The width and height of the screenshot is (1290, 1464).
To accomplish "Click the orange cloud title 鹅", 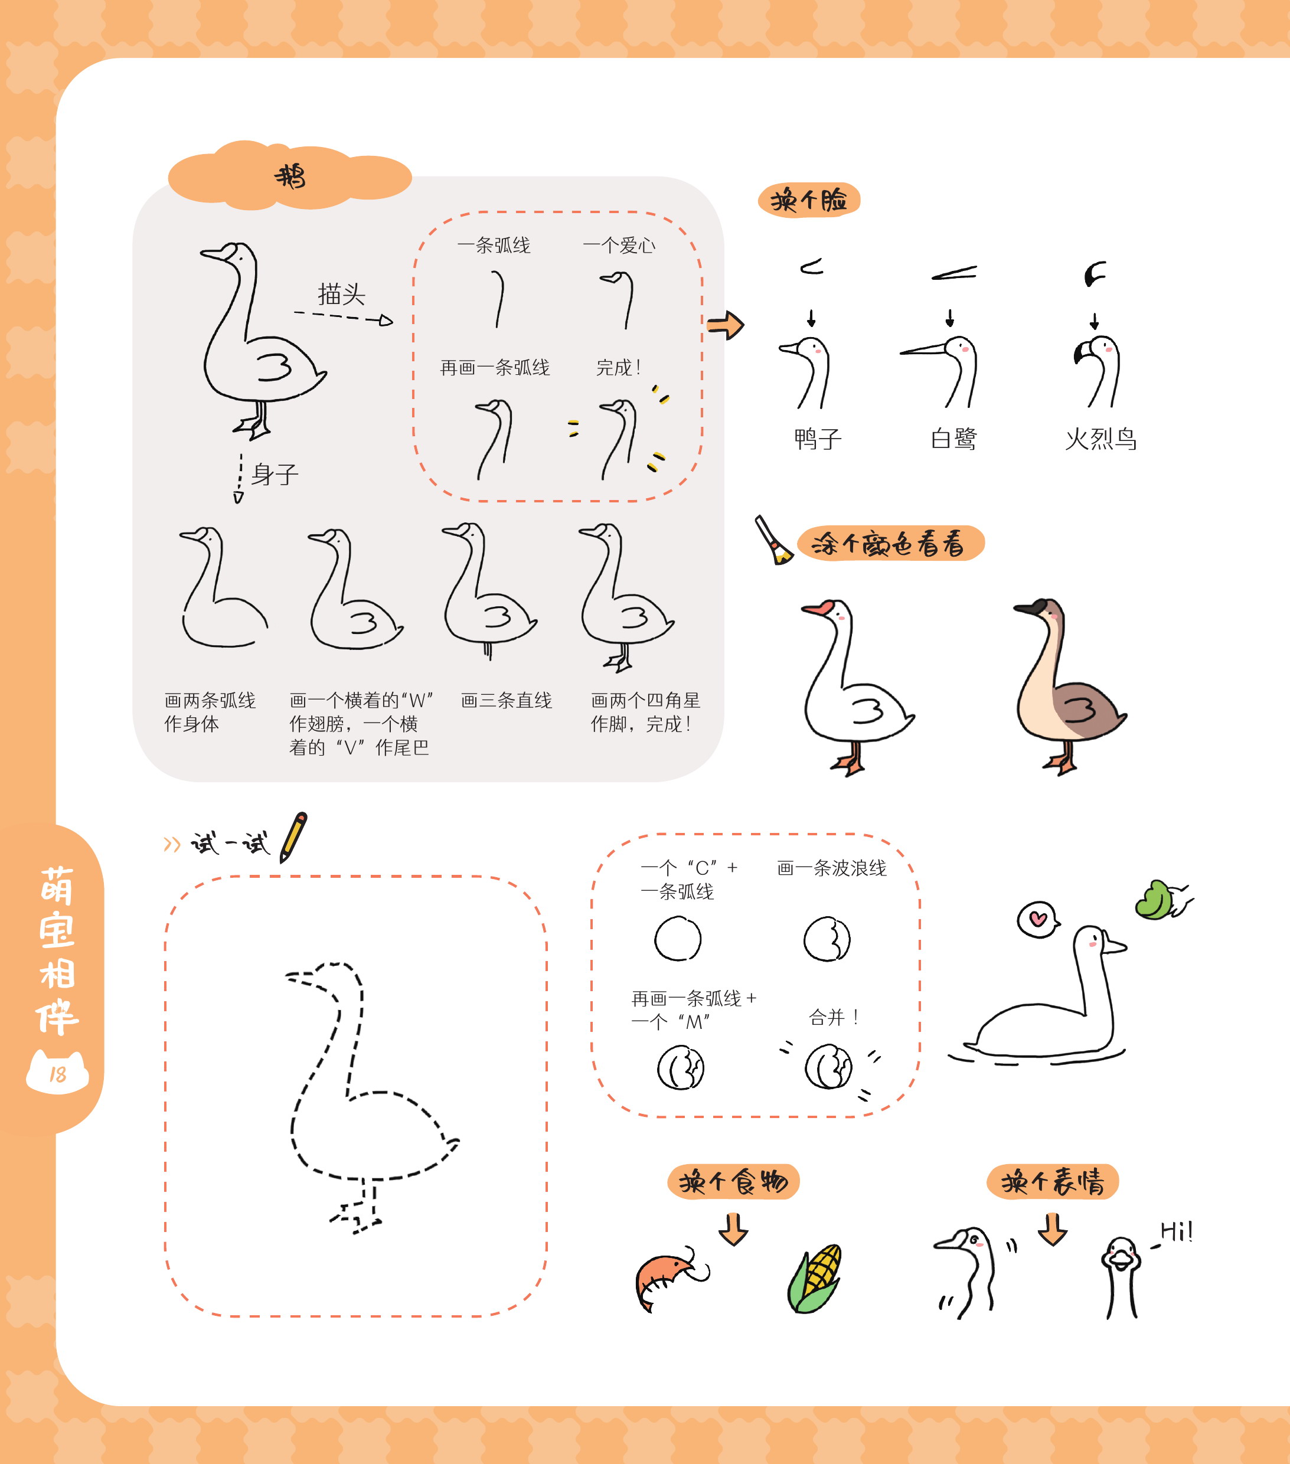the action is click(x=290, y=175).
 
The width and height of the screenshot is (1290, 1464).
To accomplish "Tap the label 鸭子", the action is click(x=818, y=439).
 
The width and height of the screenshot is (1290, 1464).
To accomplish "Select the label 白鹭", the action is click(x=953, y=439).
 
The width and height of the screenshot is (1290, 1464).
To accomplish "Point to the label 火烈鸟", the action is click(x=1101, y=439).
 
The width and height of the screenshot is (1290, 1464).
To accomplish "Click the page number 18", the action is click(x=57, y=1074).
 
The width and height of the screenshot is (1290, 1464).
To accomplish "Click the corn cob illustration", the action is click(x=814, y=1279).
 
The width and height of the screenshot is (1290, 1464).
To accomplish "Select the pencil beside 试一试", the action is click(x=293, y=836).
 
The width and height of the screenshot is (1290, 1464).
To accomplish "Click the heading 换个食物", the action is click(x=733, y=1182).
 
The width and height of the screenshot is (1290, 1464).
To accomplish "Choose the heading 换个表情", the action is click(x=1053, y=1182).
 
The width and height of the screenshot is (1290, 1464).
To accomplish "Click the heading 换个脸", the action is click(x=809, y=200).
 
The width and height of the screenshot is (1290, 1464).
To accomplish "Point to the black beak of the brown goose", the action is click(x=1030, y=608).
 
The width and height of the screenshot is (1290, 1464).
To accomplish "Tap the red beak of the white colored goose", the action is click(x=818, y=608).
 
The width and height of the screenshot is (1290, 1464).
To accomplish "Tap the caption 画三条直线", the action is click(x=507, y=701).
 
